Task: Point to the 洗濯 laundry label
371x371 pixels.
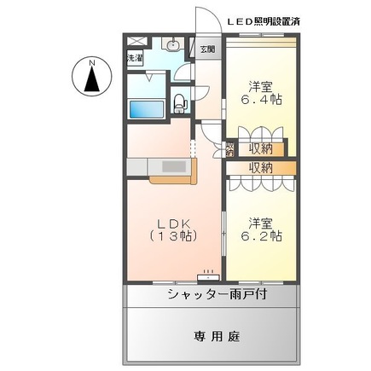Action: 135,59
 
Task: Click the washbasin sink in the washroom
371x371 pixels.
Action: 172,45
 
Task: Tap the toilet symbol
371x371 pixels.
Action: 178,103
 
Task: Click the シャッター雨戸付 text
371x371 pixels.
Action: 217,294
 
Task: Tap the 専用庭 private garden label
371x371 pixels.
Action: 216,336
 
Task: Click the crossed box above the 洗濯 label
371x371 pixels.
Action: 135,43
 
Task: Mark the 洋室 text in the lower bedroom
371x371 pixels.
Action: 261,222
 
